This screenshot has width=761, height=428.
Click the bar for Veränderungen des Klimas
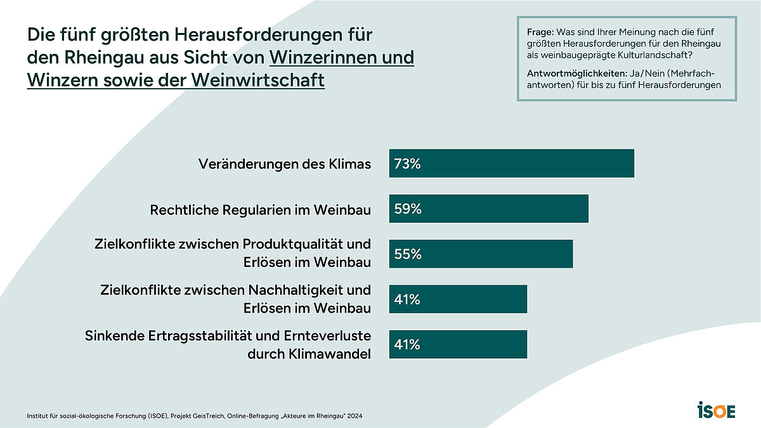pos(511,164)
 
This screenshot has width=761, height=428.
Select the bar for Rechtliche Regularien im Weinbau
pos(488,209)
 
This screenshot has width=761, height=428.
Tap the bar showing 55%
pos(481,254)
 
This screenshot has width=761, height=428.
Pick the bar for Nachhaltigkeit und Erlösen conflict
pos(458,299)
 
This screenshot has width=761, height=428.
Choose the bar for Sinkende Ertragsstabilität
pos(458,344)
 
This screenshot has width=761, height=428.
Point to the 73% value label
pos(407,164)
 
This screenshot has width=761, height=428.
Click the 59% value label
pos(407,209)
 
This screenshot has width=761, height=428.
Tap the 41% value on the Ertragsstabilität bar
pos(407,344)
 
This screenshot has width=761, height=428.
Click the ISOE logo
pos(716,410)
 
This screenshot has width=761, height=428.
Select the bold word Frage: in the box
pos(541,32)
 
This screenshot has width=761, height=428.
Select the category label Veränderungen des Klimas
pos(284,164)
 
